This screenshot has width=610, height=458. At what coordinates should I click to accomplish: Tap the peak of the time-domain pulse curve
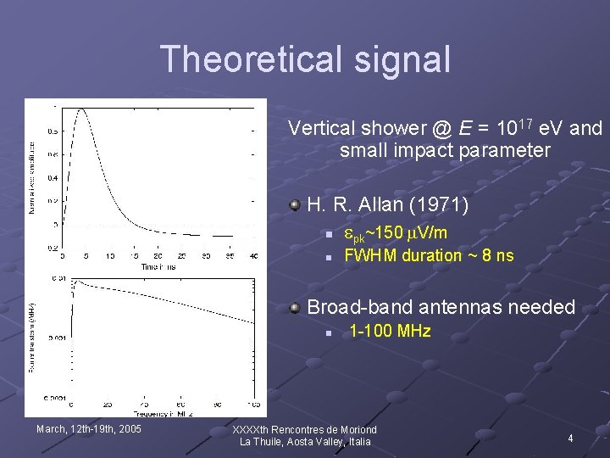point(81,109)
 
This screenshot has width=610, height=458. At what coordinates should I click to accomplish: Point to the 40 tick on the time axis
point(253,256)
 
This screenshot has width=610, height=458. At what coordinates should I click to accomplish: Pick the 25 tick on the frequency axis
point(108,405)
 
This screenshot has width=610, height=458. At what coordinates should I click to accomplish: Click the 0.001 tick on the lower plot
point(59,338)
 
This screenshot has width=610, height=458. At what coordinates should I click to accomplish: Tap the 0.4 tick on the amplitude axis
point(53,178)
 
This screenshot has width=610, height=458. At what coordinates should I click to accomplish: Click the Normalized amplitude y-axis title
point(33,176)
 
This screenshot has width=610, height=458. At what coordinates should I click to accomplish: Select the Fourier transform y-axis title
point(33,337)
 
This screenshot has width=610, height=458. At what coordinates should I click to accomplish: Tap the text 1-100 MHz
point(390,332)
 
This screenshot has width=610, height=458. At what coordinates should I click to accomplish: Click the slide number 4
point(570,438)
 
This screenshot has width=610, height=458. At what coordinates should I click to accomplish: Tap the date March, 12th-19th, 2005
point(89,428)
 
